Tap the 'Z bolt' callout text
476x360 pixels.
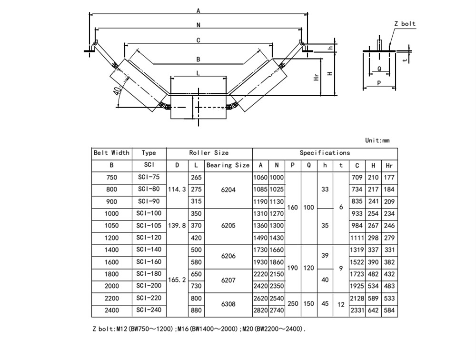coord(405,24)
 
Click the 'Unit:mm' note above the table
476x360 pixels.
coord(377,140)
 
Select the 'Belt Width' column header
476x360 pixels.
coord(111,153)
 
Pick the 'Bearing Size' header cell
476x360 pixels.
coord(228,165)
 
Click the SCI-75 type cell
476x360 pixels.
coord(149,177)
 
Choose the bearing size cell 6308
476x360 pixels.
coord(228,304)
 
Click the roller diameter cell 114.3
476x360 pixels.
coord(177,190)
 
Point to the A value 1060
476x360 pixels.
coord(260,178)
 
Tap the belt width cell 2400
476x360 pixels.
coord(111,310)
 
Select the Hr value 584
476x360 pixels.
coord(389,310)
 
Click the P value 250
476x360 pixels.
coord(293,304)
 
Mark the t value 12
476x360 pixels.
coord(341,304)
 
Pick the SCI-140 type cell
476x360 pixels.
coord(149,250)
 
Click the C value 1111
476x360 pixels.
coord(357,238)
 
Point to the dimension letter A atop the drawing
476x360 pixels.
coord(198,11)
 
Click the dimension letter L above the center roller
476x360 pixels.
coord(198,73)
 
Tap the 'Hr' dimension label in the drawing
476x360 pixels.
coord(317,77)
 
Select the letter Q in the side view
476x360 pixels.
coord(379,69)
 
